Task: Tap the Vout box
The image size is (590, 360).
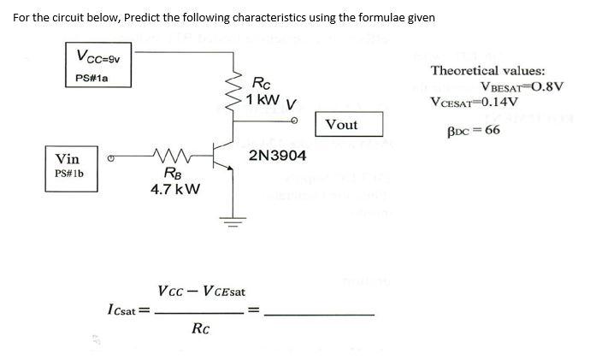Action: coord(341,125)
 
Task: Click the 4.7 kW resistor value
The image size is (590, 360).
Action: coord(175,189)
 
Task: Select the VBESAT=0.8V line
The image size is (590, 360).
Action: coord(522,87)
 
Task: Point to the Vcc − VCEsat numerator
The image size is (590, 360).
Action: coord(202,292)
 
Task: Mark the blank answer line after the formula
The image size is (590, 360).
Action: coord(320,313)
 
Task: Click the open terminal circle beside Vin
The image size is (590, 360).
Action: coord(110,157)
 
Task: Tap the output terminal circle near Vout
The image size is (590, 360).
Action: coord(295,121)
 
